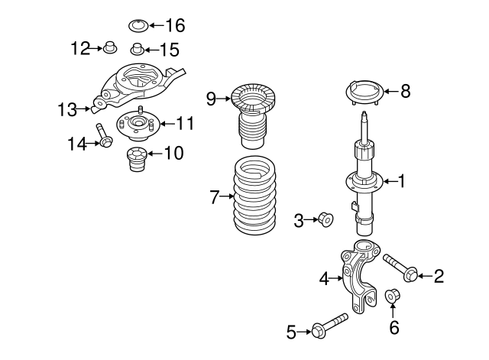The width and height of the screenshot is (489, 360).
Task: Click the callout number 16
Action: tap(174, 25)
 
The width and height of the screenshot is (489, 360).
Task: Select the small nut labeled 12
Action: tap(108, 50)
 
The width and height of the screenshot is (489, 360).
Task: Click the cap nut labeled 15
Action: tap(137, 51)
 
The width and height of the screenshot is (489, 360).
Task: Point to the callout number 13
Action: tap(67, 109)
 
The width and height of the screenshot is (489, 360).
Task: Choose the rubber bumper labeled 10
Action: tap(136, 161)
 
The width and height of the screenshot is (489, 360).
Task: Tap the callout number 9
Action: tap(212, 97)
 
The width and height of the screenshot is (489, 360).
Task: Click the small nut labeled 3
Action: tap(325, 221)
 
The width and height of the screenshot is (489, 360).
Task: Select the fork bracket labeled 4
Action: tap(358, 275)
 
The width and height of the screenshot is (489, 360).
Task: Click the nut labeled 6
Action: tap(393, 295)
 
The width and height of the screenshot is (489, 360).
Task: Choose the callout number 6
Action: tap(393, 328)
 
